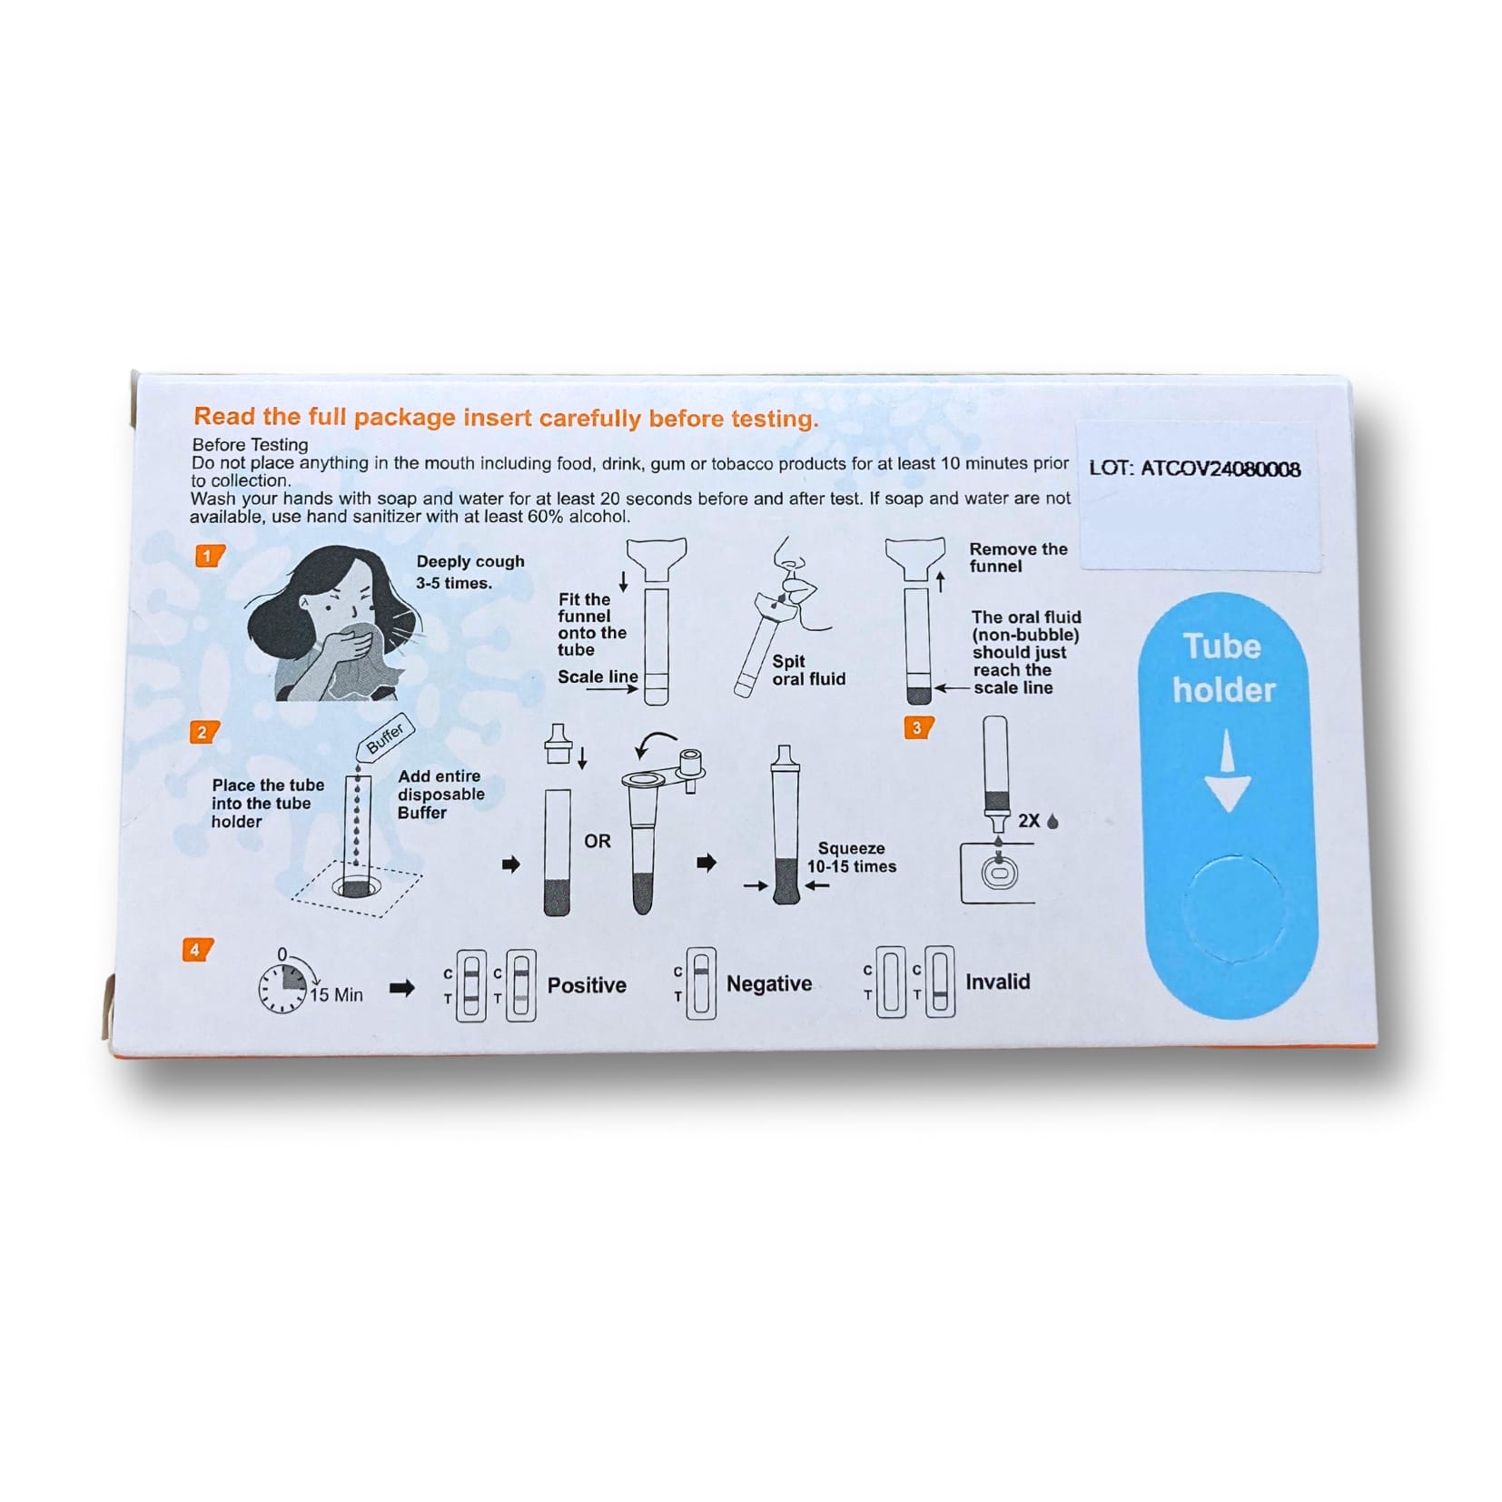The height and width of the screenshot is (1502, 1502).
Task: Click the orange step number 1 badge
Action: coord(209,556)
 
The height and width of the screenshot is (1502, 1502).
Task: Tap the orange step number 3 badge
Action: coord(918,727)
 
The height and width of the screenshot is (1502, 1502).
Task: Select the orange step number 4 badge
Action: coord(196,950)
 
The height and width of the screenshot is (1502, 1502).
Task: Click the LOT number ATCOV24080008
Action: coord(1194,469)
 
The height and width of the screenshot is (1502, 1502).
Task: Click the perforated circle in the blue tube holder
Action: coord(1235,908)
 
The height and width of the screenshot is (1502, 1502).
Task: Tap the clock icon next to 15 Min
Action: coord(283,988)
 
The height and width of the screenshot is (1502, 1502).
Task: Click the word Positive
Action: coord(587,985)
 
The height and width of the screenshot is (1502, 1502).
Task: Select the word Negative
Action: coord(768,984)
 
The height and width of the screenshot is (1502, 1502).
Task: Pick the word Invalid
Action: coord(997,982)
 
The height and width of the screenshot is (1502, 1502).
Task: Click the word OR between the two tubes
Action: coord(597,841)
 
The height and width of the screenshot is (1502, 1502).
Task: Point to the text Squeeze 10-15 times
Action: coord(851,857)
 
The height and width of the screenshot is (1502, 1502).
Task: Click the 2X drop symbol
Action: coord(1038,821)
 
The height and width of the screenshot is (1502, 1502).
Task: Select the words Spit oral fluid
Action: coord(807,670)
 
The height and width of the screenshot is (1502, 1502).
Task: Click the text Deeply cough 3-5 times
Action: coord(469,572)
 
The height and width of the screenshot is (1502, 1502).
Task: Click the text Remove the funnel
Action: coord(1017,558)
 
